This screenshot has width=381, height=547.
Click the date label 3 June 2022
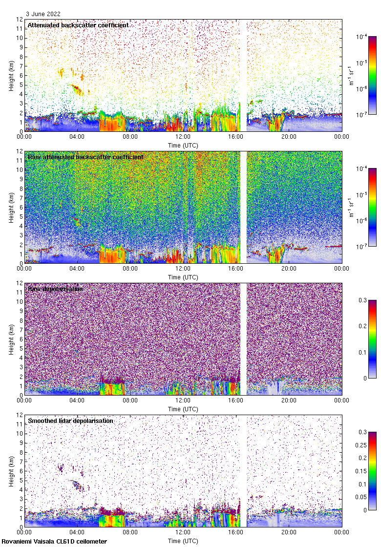pos(43,14)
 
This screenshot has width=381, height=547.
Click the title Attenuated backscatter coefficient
pos(78,25)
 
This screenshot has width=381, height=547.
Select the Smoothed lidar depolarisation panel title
pos(70,421)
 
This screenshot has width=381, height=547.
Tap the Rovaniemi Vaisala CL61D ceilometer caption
pos(54,541)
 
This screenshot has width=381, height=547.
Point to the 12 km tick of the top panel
pos(20,20)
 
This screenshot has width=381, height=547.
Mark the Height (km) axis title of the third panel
pos(11,339)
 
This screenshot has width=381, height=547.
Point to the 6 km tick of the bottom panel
pos(20,471)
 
